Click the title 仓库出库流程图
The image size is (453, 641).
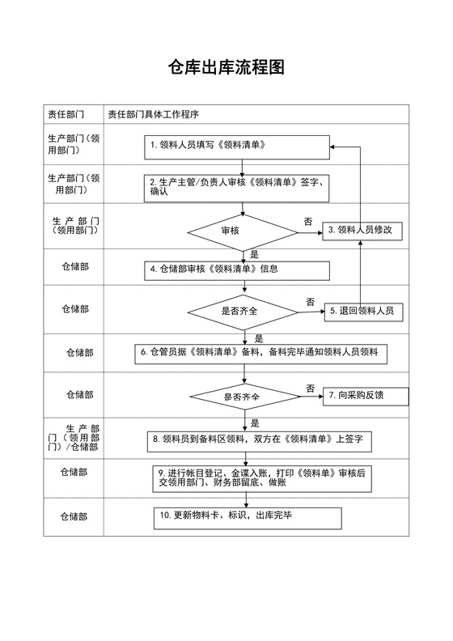(226, 68)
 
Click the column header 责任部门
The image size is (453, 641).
(67, 114)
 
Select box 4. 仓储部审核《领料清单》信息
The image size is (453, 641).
(237, 269)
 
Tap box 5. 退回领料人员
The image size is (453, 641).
(365, 310)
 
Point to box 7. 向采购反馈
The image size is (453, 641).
(366, 396)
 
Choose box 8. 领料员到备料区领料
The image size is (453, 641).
(259, 439)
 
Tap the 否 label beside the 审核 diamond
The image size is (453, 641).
(308, 222)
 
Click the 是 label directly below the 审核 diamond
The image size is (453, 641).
(255, 254)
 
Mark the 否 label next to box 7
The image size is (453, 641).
(311, 388)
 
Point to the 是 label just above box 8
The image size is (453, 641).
(255, 422)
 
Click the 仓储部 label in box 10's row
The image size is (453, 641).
(74, 516)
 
